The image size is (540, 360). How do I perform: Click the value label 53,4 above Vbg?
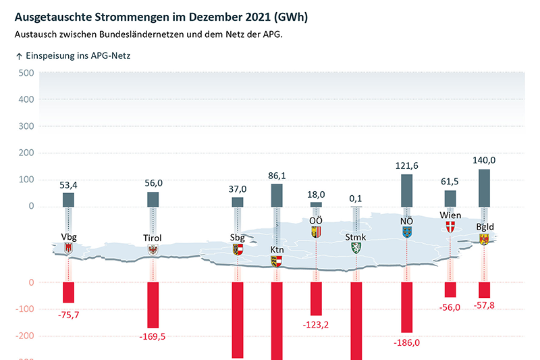pyautogui.click(x=69, y=185)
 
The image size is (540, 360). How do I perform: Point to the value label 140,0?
pyautogui.click(x=484, y=160)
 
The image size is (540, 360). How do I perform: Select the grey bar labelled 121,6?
pyautogui.click(x=407, y=189)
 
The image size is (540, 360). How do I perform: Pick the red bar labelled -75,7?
pyautogui.click(x=69, y=292)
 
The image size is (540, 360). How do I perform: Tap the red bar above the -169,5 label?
pyautogui.click(x=153, y=305)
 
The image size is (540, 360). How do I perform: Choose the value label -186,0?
pyautogui.click(x=407, y=341)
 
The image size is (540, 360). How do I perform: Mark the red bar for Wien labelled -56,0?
pyautogui.click(x=450, y=290)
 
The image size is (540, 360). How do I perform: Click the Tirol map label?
pyautogui.click(x=153, y=238)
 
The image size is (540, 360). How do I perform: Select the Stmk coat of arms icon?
pyautogui.click(x=356, y=248)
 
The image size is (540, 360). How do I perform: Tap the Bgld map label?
pyautogui.click(x=485, y=227)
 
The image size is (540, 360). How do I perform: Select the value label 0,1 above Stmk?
pyautogui.click(x=356, y=198)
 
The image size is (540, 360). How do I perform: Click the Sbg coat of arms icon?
pyautogui.click(x=238, y=249)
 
